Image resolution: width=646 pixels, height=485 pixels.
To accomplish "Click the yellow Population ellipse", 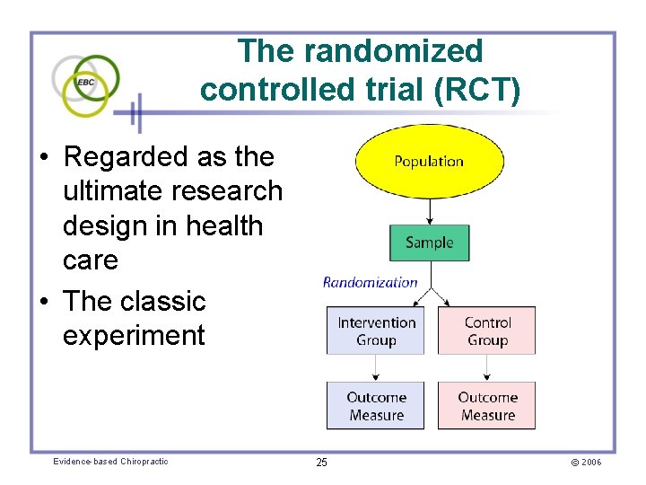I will click(429, 162).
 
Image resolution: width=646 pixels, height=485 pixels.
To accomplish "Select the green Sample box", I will click(429, 242).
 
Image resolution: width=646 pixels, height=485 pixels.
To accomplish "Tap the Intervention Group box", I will click(376, 331).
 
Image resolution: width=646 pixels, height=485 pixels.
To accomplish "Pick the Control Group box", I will click(487, 331).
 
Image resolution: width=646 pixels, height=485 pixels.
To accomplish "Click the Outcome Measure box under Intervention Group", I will click(376, 406).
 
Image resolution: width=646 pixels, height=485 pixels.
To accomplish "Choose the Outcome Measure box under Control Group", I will click(487, 406).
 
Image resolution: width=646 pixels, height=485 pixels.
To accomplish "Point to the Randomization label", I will click(370, 282).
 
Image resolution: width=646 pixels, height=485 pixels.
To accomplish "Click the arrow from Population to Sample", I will click(430, 211).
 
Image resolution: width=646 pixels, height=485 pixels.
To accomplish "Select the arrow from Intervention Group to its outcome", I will click(376, 367).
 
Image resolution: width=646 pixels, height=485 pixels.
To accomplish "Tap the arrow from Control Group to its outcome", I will click(487, 367).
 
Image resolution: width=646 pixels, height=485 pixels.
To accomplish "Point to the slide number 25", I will click(321, 463).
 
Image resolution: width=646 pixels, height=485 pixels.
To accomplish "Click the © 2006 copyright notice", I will click(584, 463).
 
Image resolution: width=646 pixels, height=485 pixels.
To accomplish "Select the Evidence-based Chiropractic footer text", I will click(110, 462).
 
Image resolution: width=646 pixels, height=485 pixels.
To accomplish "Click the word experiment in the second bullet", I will click(134, 336).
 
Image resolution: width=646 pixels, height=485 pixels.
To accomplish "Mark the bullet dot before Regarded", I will click(43, 158).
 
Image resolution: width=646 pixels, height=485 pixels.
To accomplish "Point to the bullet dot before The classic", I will click(43, 302).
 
